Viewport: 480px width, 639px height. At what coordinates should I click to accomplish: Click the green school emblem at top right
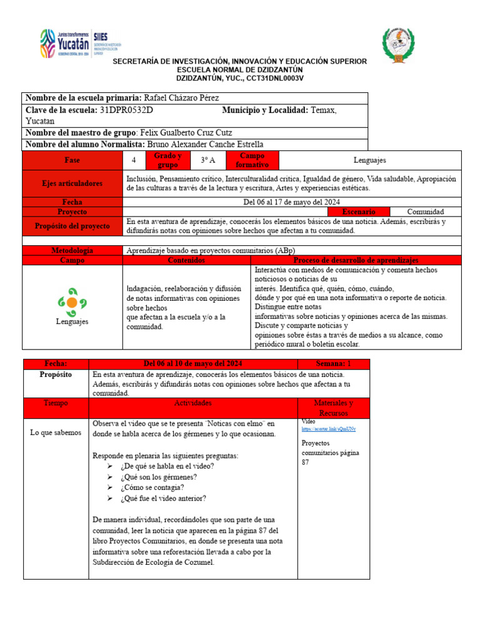pyautogui.click(x=399, y=45)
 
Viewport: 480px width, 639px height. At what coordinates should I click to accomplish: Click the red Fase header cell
pyautogui.click(x=72, y=160)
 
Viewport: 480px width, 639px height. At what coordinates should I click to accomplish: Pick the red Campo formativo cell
pyautogui.click(x=250, y=160)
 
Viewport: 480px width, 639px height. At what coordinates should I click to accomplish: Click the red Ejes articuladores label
pyautogui.click(x=72, y=183)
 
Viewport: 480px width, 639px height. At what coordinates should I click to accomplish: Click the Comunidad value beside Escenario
pyautogui.click(x=425, y=212)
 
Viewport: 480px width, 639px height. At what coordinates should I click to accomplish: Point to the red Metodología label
pyautogui.click(x=72, y=250)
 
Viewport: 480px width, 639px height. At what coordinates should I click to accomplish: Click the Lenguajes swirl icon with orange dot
pyautogui.click(x=72, y=302)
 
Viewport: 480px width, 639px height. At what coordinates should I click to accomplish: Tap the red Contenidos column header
pyautogui.click(x=186, y=260)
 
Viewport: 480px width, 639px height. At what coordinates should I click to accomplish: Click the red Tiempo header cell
pyautogui.click(x=56, y=404)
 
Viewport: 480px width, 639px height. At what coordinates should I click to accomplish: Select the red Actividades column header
pyautogui.click(x=193, y=404)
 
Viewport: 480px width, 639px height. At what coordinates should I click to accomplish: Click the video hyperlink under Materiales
pyautogui.click(x=329, y=429)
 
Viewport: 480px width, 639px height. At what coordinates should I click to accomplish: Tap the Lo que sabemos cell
pyautogui.click(x=56, y=432)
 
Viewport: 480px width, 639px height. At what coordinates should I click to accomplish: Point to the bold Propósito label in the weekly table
pyautogui.click(x=56, y=374)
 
